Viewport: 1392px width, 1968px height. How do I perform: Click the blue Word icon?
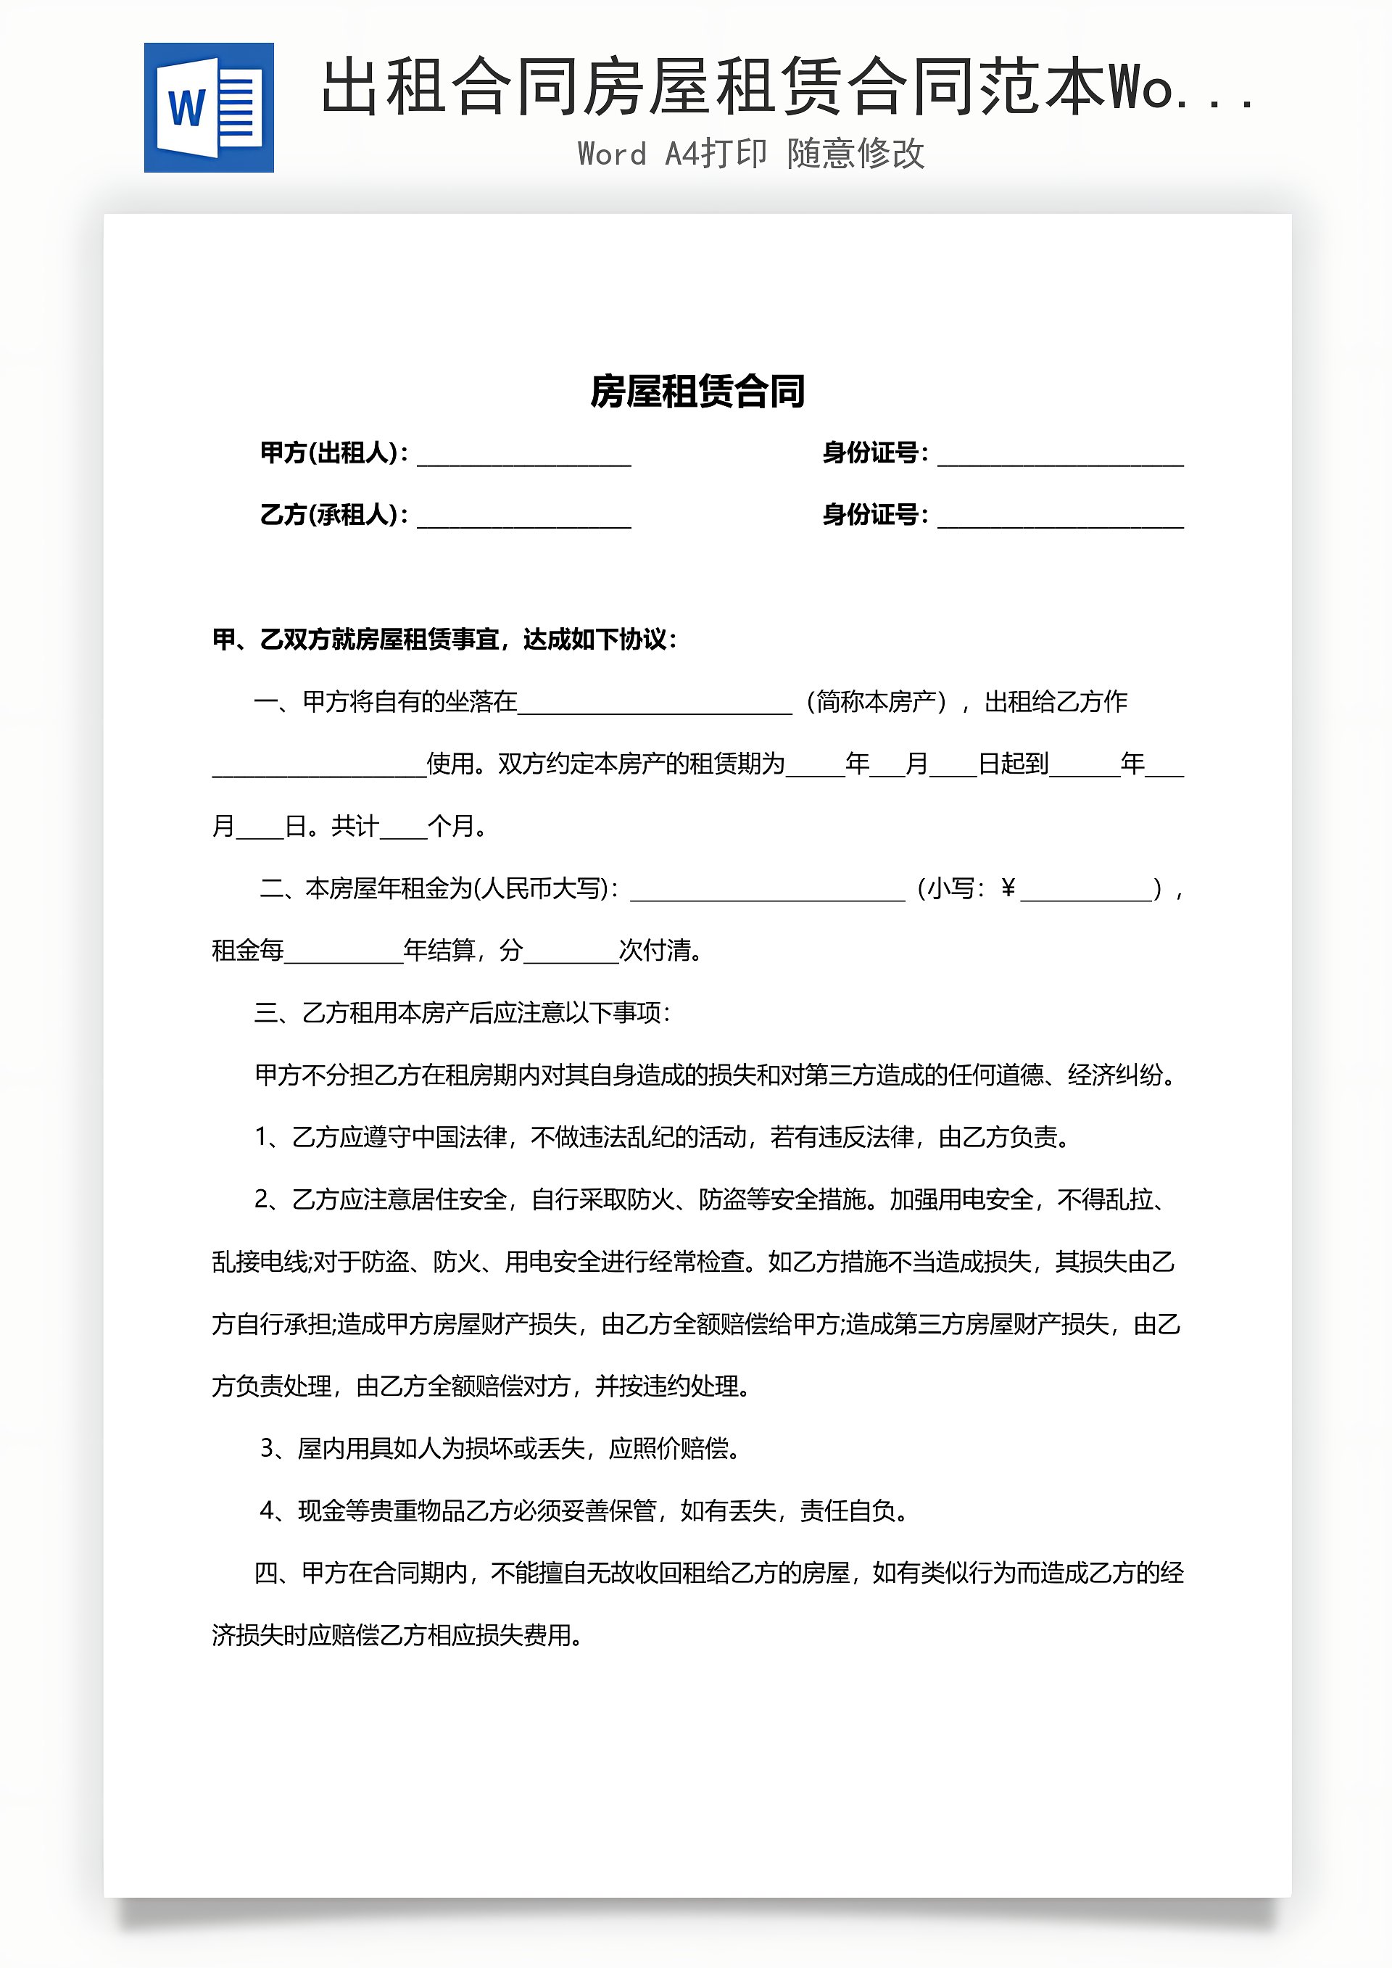coord(208,107)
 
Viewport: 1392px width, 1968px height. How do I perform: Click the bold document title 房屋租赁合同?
coord(697,392)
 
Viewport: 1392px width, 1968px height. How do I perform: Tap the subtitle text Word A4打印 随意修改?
coord(751,154)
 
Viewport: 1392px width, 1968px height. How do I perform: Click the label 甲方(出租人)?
coord(333,452)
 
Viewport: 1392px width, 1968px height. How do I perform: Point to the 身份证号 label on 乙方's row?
coord(874,514)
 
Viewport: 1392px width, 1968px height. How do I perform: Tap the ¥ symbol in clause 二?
coord(1008,888)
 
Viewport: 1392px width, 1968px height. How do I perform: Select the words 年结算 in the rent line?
coord(439,950)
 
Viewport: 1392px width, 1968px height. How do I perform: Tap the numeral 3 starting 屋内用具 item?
coord(267,1449)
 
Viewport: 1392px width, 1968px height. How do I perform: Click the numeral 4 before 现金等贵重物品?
coord(267,1510)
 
